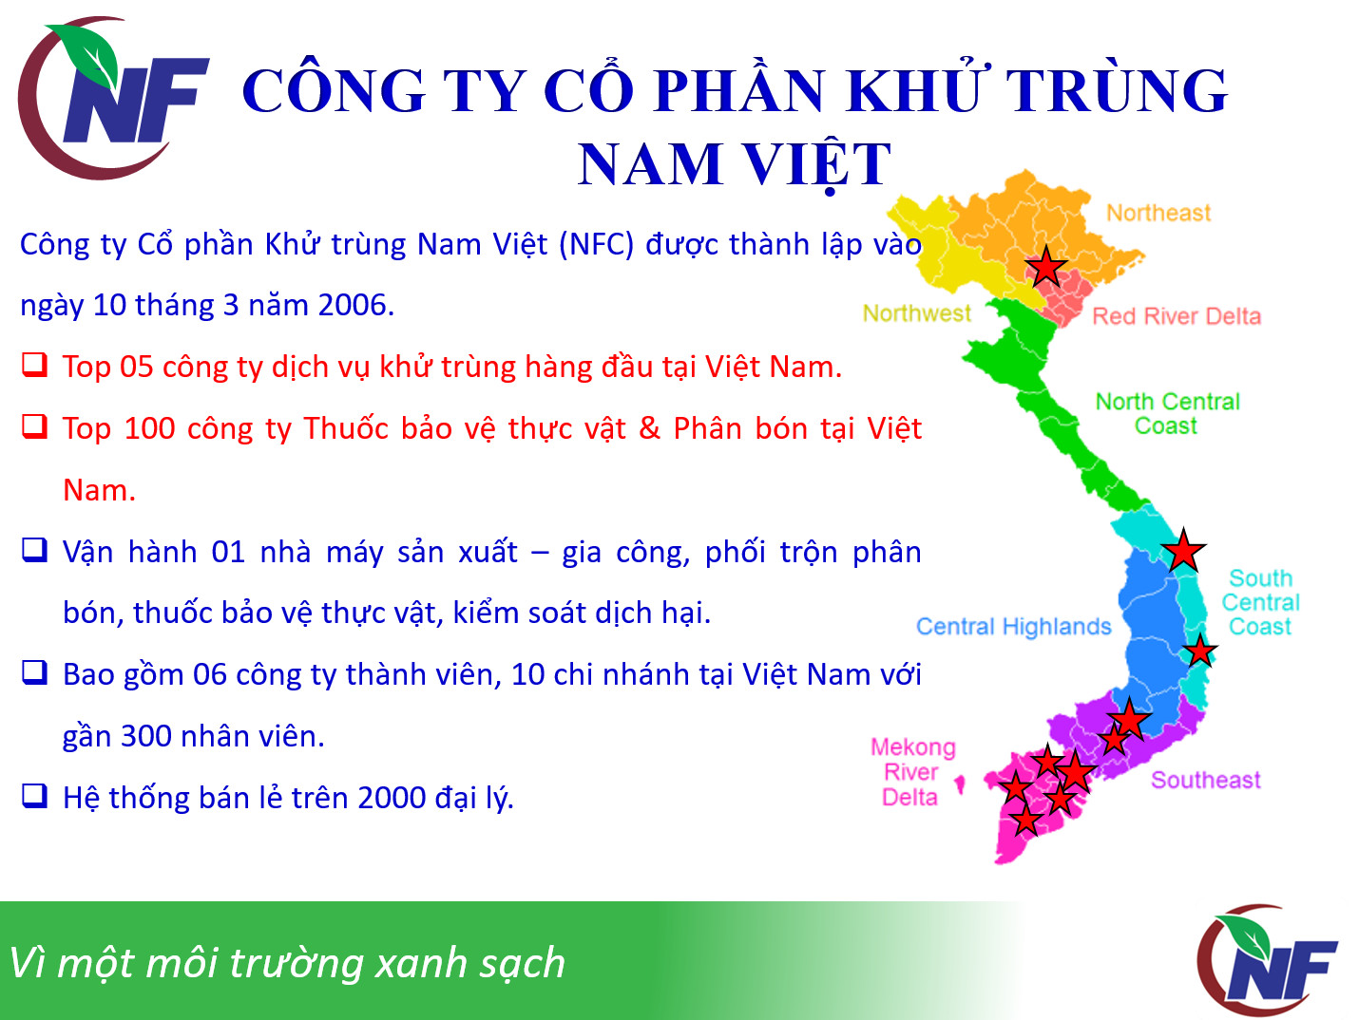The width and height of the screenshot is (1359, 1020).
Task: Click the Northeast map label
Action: click(x=1158, y=213)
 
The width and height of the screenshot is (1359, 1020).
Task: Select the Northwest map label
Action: click(x=917, y=313)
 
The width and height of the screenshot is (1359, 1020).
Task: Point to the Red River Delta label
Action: click(x=1177, y=316)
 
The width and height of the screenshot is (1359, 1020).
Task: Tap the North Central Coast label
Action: click(x=1168, y=413)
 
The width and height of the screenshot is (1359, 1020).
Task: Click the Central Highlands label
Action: click(x=1013, y=626)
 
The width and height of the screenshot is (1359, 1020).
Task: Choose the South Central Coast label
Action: click(x=1260, y=602)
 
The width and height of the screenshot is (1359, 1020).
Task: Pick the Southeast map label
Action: click(x=1205, y=780)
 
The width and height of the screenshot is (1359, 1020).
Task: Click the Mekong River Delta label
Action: click(x=912, y=772)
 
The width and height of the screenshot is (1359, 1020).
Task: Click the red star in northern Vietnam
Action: click(x=1045, y=267)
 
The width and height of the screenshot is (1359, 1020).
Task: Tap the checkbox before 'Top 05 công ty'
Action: click(x=34, y=365)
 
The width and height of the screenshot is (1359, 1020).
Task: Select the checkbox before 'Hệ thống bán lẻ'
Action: click(x=34, y=796)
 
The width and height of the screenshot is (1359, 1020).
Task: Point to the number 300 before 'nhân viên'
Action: click(x=145, y=736)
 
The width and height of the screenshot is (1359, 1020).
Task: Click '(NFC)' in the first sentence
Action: click(x=597, y=244)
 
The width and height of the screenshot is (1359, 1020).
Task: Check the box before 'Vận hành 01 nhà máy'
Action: click(x=34, y=550)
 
